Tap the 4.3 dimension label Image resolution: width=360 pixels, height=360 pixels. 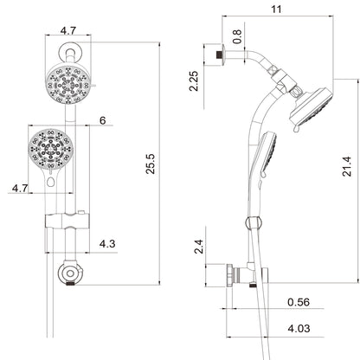click(106, 245)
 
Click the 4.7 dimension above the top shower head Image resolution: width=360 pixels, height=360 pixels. click(69, 31)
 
